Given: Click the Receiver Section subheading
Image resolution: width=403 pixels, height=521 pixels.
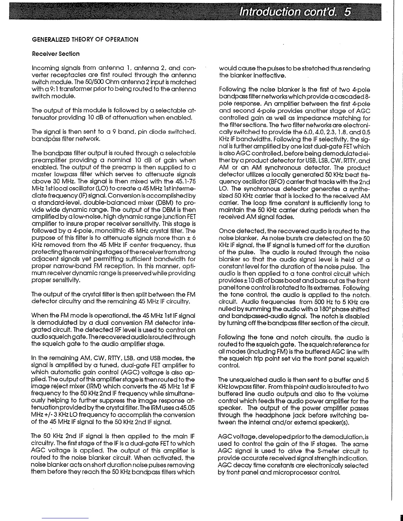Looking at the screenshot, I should (x=56, y=54).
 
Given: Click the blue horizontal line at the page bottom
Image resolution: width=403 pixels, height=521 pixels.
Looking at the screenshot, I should (x=66, y=518).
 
